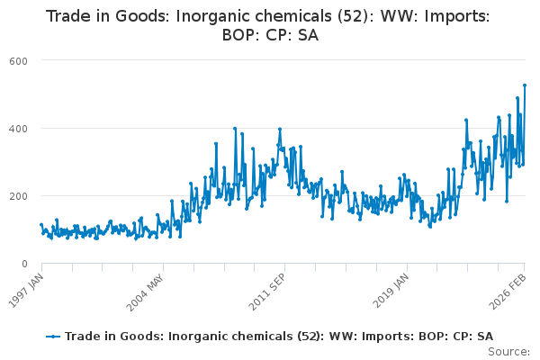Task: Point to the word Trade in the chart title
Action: (x=69, y=17)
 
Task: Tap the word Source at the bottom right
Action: (x=510, y=351)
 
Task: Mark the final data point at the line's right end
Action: (x=525, y=85)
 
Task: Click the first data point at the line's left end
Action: (x=41, y=225)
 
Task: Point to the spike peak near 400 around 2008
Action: (x=235, y=128)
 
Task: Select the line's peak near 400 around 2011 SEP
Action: (x=280, y=129)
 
